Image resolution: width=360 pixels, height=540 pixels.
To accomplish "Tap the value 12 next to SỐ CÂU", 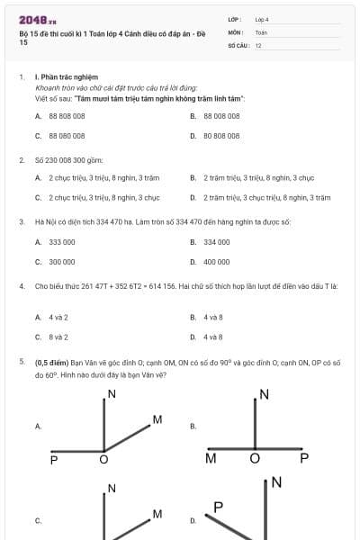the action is (x=258, y=43).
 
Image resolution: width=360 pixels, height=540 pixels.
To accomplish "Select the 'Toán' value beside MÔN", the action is (x=261, y=31).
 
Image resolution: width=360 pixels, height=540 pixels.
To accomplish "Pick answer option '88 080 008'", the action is (x=67, y=136).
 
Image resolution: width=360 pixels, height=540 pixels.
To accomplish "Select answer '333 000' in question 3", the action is (x=62, y=242).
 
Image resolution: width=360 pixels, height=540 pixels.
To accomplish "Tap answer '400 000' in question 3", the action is (x=217, y=262).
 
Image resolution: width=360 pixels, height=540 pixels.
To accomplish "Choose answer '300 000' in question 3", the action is (x=62, y=262).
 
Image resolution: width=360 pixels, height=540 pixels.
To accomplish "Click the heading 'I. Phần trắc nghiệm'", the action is (x=66, y=77).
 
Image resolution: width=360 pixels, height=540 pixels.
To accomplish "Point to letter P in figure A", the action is (x=54, y=460).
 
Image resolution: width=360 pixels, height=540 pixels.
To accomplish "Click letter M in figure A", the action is (x=157, y=419).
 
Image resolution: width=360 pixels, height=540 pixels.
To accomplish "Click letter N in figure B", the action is (x=264, y=394).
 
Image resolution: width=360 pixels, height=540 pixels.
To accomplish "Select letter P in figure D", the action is (x=218, y=508).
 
